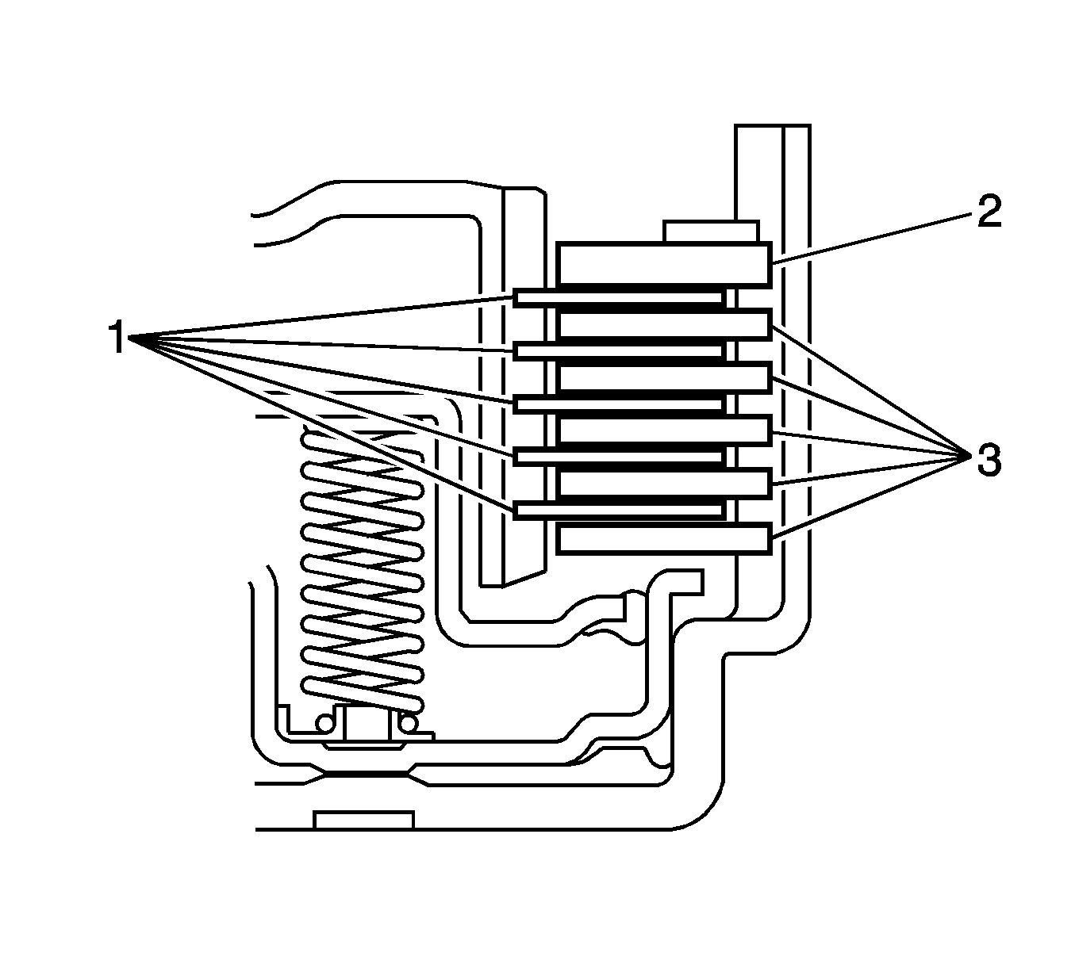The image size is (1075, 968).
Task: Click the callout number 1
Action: (x=117, y=338)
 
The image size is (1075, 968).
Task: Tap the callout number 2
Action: (x=987, y=211)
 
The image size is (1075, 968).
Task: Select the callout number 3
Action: (x=987, y=460)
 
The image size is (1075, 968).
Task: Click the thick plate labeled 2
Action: (x=663, y=264)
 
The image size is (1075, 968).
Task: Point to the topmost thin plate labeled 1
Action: (x=619, y=297)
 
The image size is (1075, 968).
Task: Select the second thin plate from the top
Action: (x=619, y=350)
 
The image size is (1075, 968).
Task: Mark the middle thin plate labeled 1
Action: (x=619, y=404)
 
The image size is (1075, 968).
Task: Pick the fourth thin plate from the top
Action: (x=619, y=457)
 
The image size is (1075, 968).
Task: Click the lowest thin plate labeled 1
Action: (x=619, y=510)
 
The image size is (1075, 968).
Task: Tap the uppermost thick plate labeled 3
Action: (x=663, y=324)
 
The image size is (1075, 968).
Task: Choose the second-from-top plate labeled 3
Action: (x=663, y=377)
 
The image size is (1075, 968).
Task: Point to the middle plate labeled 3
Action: (x=663, y=430)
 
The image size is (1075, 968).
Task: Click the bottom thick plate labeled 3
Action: (x=663, y=538)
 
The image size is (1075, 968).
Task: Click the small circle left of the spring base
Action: (x=324, y=724)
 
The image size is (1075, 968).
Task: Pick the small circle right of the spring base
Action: (x=409, y=723)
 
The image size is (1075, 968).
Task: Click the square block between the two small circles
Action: (x=367, y=723)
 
